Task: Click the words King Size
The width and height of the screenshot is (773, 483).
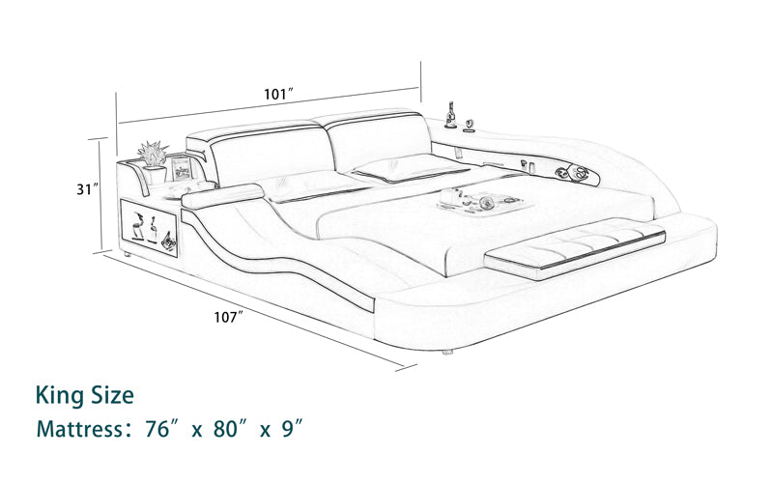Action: tap(85, 394)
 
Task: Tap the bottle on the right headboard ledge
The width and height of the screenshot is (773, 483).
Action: tap(450, 114)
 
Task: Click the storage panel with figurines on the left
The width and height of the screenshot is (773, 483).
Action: tap(148, 225)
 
